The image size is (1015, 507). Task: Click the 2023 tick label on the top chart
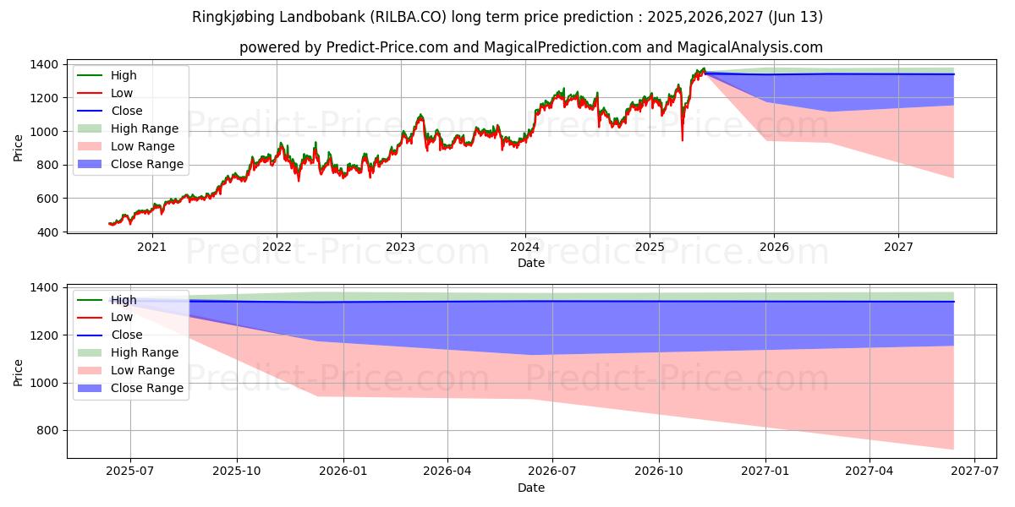coord(400,247)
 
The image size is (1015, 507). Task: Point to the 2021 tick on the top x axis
coord(151,247)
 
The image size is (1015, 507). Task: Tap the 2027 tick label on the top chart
coord(898,247)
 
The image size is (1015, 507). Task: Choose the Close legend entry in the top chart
coord(127,111)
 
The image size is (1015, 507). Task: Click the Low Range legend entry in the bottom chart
coord(143,370)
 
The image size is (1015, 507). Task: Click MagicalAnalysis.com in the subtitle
coord(735,47)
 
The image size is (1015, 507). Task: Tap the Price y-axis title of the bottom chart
coord(19,372)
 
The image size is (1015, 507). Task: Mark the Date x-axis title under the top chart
coord(531,263)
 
